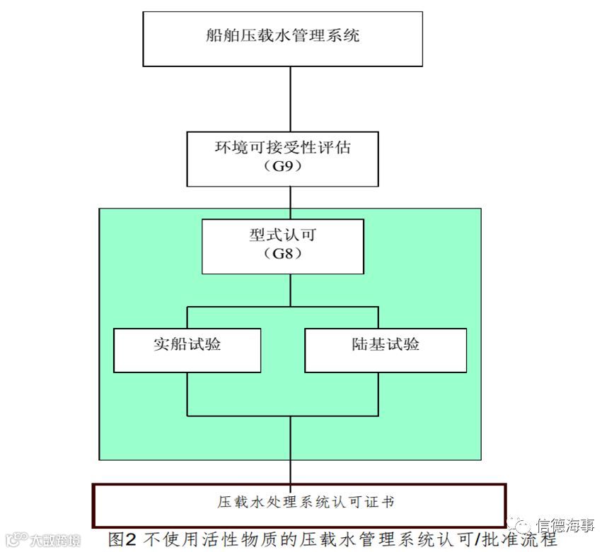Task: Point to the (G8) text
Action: point(283,254)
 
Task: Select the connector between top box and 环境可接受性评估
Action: point(291,99)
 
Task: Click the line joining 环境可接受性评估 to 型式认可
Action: point(291,203)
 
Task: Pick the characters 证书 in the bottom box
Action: point(381,503)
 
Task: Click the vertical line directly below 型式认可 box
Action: point(291,290)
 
